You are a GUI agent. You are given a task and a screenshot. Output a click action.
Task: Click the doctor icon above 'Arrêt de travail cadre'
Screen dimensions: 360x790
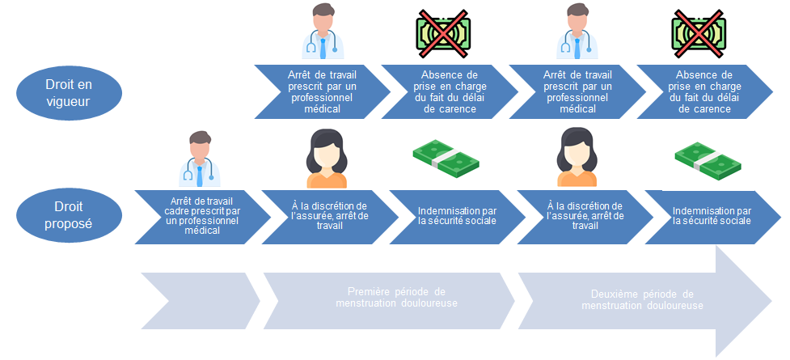[198, 159]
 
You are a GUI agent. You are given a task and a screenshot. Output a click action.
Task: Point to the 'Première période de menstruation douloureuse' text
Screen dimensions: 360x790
[396, 297]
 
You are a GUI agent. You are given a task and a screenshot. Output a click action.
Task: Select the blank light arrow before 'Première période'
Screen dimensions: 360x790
[198, 299]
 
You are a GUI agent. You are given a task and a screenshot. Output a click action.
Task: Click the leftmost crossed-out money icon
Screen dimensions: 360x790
[441, 33]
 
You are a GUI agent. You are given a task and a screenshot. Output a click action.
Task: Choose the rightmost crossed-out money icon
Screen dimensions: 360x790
[697, 33]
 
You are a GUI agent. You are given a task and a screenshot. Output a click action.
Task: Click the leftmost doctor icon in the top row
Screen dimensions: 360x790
[322, 32]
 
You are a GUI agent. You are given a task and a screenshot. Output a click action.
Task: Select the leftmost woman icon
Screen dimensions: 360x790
[326, 159]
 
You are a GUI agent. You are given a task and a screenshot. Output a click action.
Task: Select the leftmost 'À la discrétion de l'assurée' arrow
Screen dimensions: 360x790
[328, 216]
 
